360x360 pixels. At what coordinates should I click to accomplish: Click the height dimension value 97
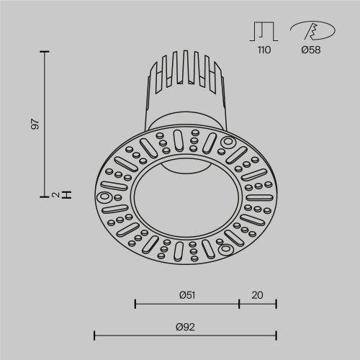[x=35, y=123]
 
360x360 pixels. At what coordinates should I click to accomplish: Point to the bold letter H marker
[x=67, y=194]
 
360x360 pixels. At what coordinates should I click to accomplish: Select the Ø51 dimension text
[x=187, y=294]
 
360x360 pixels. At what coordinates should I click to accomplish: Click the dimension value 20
[x=257, y=294]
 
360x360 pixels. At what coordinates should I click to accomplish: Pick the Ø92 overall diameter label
[x=186, y=326]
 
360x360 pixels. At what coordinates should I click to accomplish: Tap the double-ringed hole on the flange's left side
[x=104, y=196]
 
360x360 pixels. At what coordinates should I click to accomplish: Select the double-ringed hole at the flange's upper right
[x=229, y=141]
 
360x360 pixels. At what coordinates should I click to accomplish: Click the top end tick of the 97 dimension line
[x=45, y=52]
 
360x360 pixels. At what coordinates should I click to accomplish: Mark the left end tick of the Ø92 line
[x=95, y=335]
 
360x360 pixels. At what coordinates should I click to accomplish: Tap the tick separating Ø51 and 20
[x=238, y=303]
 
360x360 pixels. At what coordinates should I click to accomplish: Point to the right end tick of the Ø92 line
[x=276, y=335]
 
